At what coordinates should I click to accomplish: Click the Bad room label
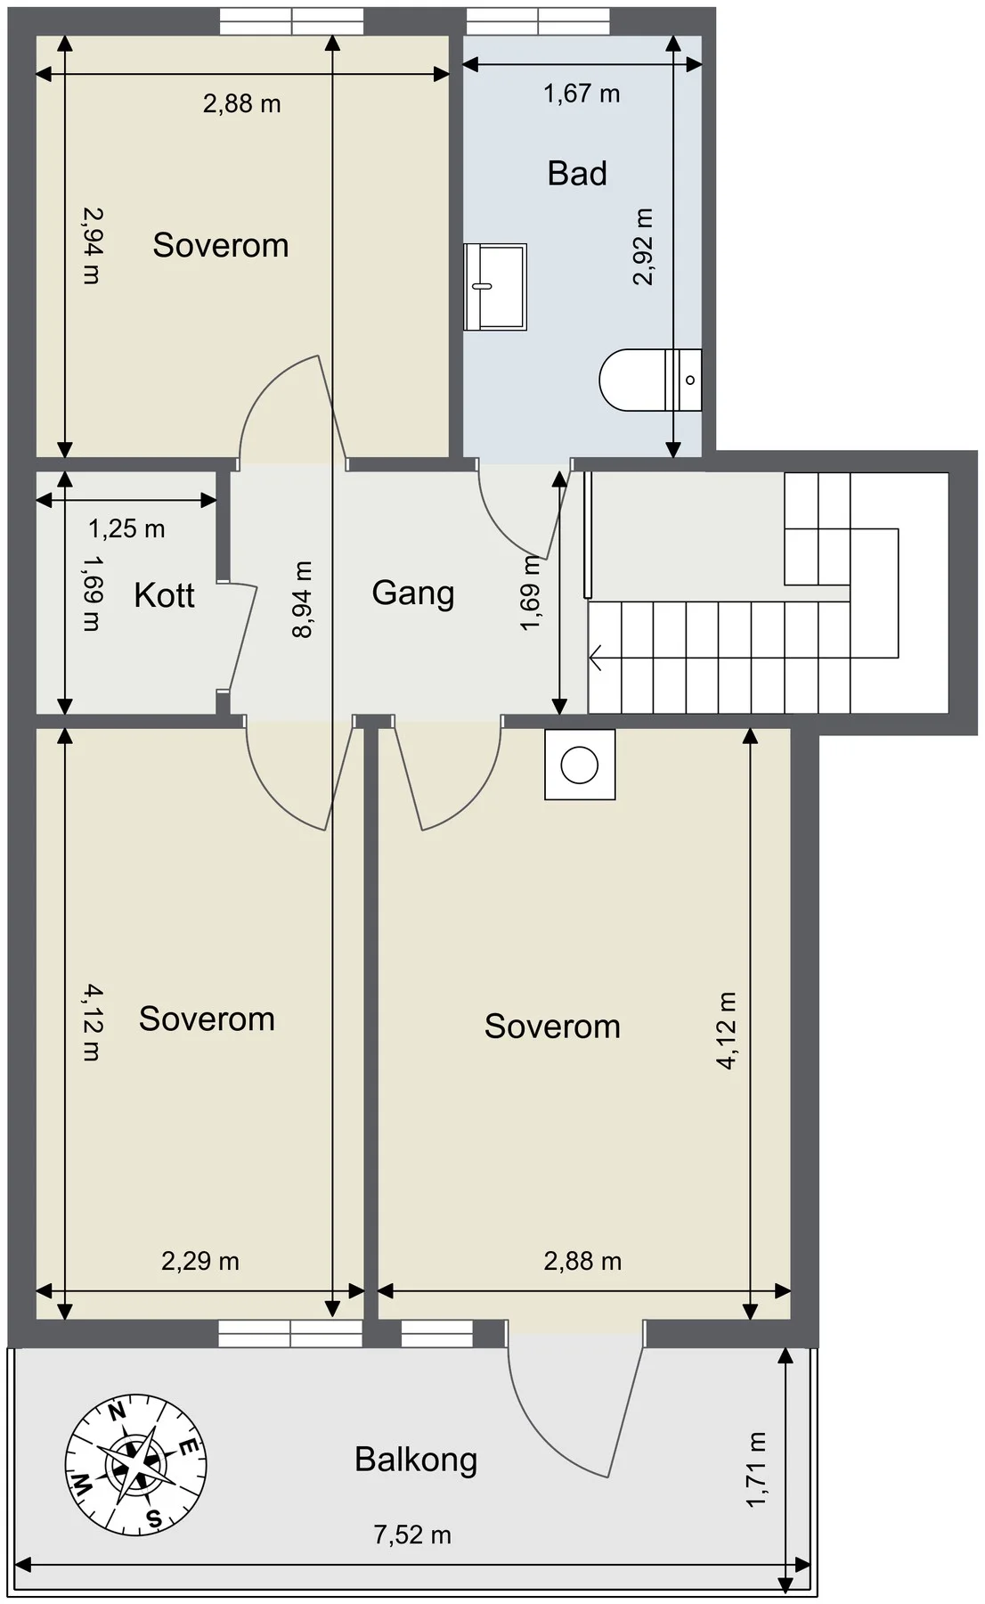[x=577, y=173]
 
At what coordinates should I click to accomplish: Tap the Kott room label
[x=164, y=595]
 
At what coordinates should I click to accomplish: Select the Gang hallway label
[x=413, y=593]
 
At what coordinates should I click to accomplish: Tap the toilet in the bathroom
[x=650, y=380]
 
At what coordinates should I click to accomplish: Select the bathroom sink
[x=495, y=286]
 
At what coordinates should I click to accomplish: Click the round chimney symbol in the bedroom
[x=580, y=764]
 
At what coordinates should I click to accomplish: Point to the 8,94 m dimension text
[x=302, y=600]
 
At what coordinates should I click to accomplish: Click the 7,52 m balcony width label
[x=412, y=1534]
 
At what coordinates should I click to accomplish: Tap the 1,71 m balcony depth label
[x=755, y=1469]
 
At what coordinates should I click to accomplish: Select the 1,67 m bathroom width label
[x=582, y=93]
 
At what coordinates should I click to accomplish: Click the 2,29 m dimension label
[x=200, y=1261]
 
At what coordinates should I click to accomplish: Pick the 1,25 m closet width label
[x=126, y=529]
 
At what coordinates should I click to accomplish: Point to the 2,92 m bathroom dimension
[x=642, y=247]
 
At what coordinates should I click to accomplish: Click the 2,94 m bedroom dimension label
[x=92, y=245]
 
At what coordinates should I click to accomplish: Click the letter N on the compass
[x=115, y=1411]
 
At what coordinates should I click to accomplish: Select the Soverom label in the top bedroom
[x=221, y=245]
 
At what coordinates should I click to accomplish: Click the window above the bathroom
[x=538, y=20]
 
